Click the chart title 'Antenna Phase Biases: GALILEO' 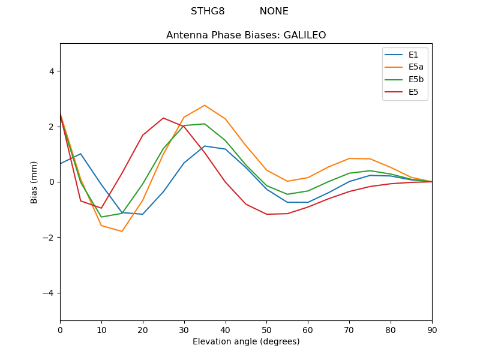tap(246, 35)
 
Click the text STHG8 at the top tap(208, 11)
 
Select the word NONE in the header tap(274, 11)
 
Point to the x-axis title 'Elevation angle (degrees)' tap(246, 342)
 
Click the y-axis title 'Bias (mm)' tap(34, 182)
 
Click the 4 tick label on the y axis tap(51, 71)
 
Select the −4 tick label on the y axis tap(49, 293)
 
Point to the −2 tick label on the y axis tap(49, 238)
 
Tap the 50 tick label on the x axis tap(266, 329)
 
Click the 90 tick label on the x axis tap(432, 329)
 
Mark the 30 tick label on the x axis tap(184, 329)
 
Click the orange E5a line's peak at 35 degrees tap(205, 106)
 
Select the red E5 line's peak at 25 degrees tap(163, 118)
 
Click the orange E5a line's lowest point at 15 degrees tap(122, 232)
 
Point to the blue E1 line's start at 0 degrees tap(61, 164)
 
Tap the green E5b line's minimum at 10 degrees tap(101, 217)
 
